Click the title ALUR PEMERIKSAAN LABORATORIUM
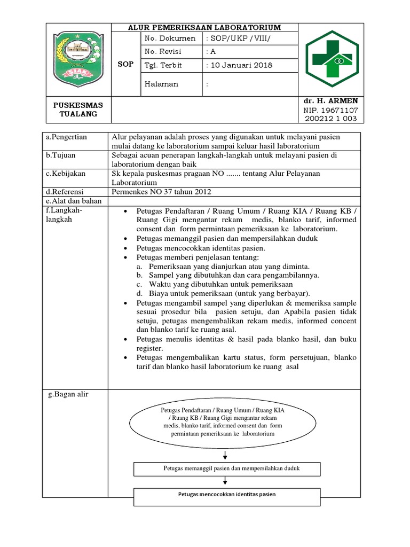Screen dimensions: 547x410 [204, 27]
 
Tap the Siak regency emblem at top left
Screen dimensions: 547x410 [77, 59]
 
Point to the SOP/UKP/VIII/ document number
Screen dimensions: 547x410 [237, 38]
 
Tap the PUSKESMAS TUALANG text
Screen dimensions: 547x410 [78, 110]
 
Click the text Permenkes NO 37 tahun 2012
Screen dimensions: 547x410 [162, 192]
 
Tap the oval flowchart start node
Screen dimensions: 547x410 [226, 421]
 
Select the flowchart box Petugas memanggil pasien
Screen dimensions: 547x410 [226, 468]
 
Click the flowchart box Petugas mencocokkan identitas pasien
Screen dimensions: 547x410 [226, 495]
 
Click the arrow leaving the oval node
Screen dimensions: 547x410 [226, 455]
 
